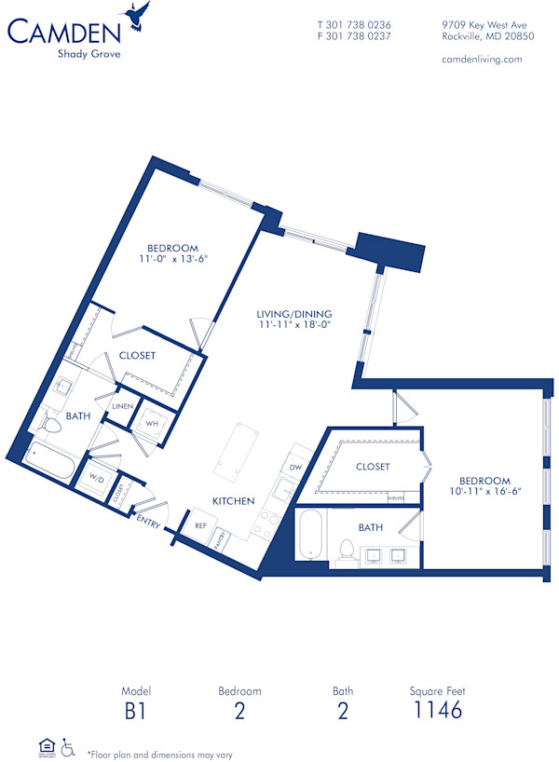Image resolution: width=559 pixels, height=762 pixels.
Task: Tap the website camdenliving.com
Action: click(x=481, y=59)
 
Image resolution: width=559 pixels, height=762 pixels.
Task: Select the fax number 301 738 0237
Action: click(x=354, y=36)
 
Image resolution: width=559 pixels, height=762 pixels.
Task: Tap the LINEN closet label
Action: click(x=122, y=407)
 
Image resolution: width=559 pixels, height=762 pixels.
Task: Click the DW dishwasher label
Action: click(x=295, y=468)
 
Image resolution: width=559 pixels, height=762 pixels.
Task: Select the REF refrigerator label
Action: click(x=200, y=525)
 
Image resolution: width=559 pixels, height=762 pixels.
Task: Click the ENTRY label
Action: click(x=148, y=524)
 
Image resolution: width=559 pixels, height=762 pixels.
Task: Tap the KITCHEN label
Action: click(x=233, y=501)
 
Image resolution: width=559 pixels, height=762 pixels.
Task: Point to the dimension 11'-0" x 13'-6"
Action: click(x=173, y=260)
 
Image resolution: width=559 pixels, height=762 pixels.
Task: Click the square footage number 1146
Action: click(x=437, y=711)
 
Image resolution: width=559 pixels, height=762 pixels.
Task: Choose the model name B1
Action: click(x=135, y=711)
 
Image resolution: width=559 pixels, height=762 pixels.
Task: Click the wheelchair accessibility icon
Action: click(x=68, y=747)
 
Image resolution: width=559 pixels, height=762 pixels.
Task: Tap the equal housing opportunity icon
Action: click(x=46, y=746)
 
